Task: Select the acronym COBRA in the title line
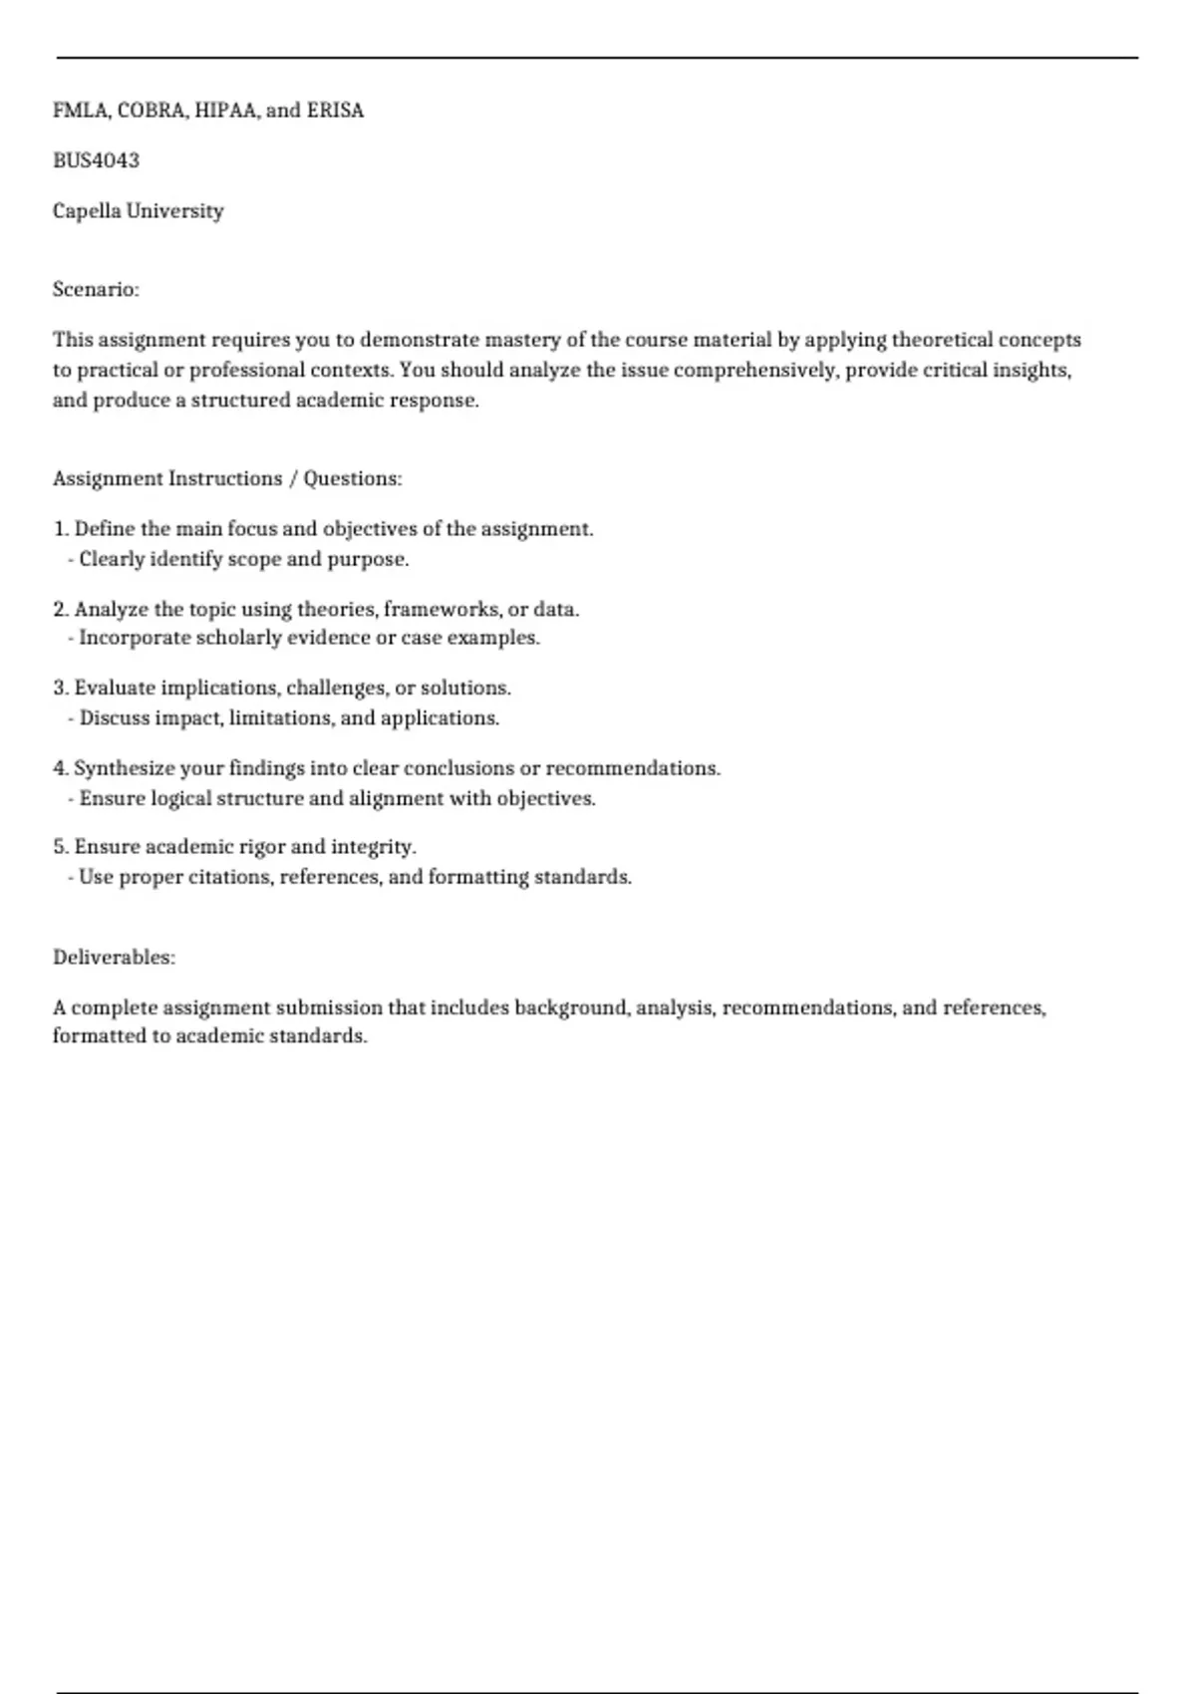coord(151,111)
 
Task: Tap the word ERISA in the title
coord(335,111)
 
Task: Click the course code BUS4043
coord(96,160)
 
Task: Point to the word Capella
coord(87,211)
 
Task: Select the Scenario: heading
coord(96,290)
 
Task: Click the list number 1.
coord(60,529)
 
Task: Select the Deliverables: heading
coord(114,958)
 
